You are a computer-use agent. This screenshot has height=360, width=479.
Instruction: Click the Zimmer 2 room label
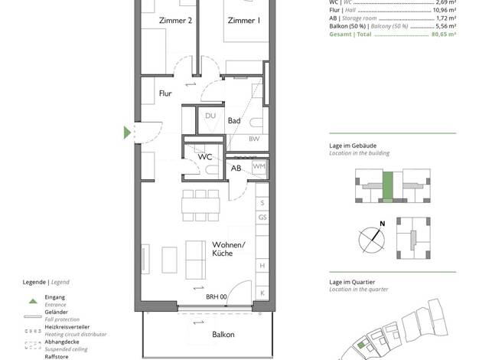(x=175, y=21)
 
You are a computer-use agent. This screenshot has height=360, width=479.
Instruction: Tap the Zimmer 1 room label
(x=244, y=21)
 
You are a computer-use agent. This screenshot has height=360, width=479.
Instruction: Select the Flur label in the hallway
(x=165, y=93)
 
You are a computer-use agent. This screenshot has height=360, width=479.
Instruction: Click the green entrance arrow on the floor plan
(x=127, y=133)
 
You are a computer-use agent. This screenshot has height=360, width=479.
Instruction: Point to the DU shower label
(x=210, y=116)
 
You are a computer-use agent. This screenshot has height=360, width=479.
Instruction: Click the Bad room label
(x=234, y=120)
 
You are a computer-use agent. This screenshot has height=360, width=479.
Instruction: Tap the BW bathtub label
(x=254, y=139)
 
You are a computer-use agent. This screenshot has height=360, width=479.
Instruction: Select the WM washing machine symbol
(x=259, y=167)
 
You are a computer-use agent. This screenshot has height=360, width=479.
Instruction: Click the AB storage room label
(x=236, y=168)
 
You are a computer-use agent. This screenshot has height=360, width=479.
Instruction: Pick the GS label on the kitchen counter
(x=262, y=218)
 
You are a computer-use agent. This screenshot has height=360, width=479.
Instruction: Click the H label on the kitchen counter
(x=262, y=266)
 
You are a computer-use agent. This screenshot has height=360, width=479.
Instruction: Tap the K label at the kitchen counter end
(x=262, y=293)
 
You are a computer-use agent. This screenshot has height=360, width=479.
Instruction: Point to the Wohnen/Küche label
(x=229, y=249)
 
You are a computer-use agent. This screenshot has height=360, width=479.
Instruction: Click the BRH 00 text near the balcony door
(x=217, y=296)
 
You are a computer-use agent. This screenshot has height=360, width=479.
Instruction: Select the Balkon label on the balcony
(x=223, y=334)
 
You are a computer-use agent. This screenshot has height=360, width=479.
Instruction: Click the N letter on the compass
(x=382, y=224)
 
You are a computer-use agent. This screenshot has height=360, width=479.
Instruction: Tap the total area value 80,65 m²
(x=444, y=34)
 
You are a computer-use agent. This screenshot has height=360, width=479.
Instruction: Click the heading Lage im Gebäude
(x=353, y=146)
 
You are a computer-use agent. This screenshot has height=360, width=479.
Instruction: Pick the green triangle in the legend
(x=33, y=301)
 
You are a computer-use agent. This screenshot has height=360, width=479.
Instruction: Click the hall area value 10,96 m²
(x=445, y=10)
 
